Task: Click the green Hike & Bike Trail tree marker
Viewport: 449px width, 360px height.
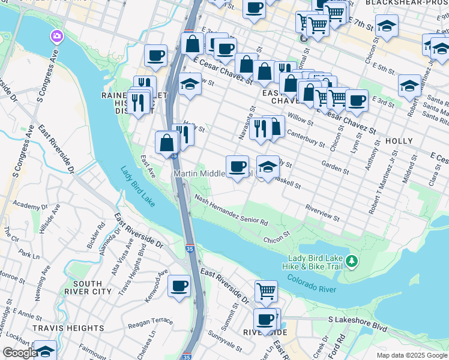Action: [x=352, y=261]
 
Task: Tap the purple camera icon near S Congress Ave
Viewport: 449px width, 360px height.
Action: [x=57, y=37]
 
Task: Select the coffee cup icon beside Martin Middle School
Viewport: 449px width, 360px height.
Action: [x=237, y=166]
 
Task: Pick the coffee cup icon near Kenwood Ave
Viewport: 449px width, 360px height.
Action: [x=179, y=286]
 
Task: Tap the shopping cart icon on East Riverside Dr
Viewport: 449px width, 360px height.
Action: [x=266, y=291]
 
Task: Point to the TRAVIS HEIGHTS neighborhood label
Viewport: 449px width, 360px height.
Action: [x=68, y=328]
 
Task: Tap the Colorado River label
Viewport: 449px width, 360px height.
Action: [x=312, y=284]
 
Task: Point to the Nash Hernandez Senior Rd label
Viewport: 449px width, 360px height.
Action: [x=231, y=212]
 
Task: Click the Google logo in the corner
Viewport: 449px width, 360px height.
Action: [x=20, y=353]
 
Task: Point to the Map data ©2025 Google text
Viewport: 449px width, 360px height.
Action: [x=411, y=355]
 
